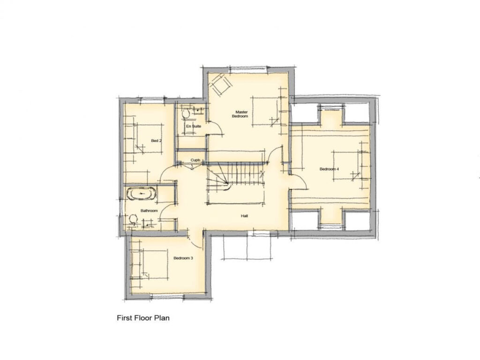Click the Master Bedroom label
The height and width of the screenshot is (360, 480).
(241, 114)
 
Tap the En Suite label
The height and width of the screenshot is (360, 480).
(191, 127)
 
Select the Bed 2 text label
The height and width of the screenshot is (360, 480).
(156, 141)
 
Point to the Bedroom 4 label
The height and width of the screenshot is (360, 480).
(330, 169)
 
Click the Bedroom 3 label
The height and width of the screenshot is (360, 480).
(183, 258)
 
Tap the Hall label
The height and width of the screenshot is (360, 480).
(244, 216)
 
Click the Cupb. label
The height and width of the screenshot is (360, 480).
(195, 160)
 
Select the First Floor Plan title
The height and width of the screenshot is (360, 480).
(143, 318)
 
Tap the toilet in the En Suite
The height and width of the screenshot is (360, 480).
(186, 113)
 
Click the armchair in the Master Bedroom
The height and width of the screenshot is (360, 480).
(220, 85)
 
